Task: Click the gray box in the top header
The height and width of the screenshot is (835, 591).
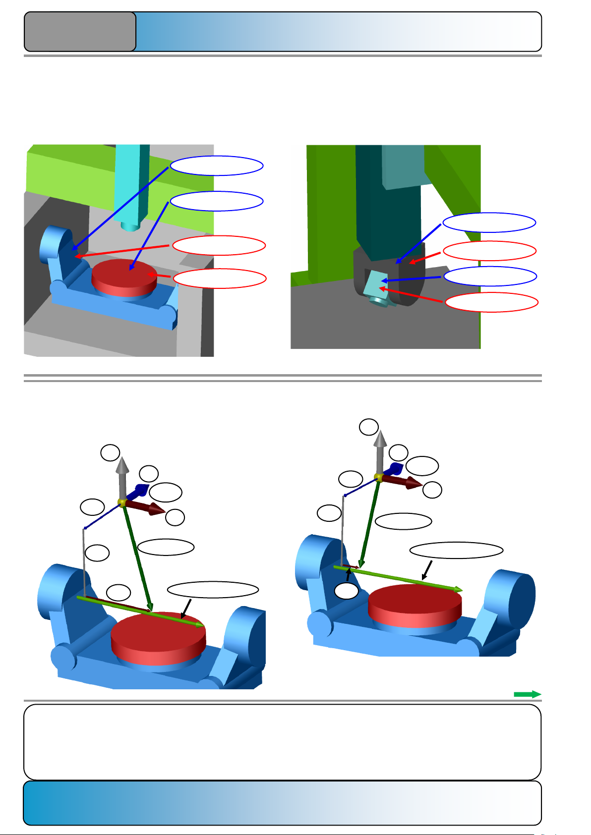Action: click(x=80, y=32)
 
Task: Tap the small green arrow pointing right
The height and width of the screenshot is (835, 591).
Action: click(x=527, y=694)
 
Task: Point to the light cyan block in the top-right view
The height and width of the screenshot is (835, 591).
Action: click(x=374, y=283)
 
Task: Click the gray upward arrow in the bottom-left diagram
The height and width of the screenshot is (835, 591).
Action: click(x=122, y=476)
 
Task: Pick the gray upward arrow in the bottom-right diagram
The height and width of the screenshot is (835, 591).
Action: click(x=380, y=448)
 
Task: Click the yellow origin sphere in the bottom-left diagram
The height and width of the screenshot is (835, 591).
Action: click(x=122, y=502)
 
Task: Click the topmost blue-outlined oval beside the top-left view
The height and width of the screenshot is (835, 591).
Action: click(x=217, y=166)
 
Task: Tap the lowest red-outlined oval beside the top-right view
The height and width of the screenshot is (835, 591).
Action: click(x=491, y=302)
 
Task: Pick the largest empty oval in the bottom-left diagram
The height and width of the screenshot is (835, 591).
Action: click(x=213, y=590)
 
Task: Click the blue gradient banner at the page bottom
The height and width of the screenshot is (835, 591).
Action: click(x=282, y=803)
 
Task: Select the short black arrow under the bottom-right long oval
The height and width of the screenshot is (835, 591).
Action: click(x=427, y=570)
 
